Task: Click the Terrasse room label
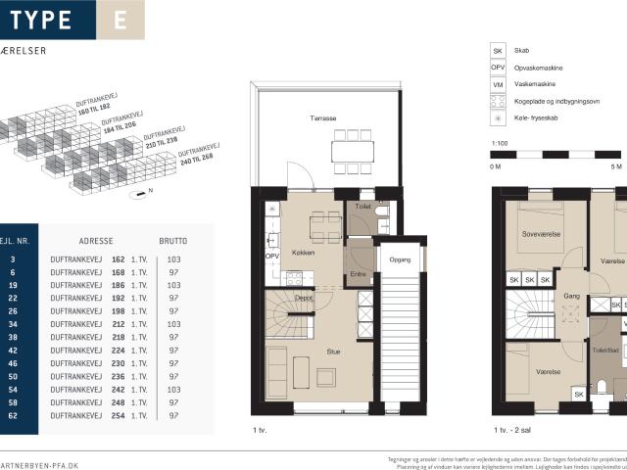pyautogui.click(x=323, y=118)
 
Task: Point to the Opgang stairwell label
pyautogui.click(x=401, y=259)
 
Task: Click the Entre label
pyautogui.click(x=358, y=273)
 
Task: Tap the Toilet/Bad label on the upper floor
pyautogui.click(x=606, y=350)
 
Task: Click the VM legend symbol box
pyautogui.click(x=497, y=84)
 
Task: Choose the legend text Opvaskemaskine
pyautogui.click(x=539, y=67)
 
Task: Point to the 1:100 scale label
pyautogui.click(x=499, y=144)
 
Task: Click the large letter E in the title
pyautogui.click(x=120, y=21)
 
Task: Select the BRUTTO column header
pyautogui.click(x=172, y=240)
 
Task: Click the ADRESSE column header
pyautogui.click(x=96, y=240)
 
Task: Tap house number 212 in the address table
pyautogui.click(x=119, y=323)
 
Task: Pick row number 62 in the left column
pyautogui.click(x=11, y=416)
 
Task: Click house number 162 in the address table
pyautogui.click(x=119, y=259)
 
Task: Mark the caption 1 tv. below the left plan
pyautogui.click(x=260, y=430)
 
